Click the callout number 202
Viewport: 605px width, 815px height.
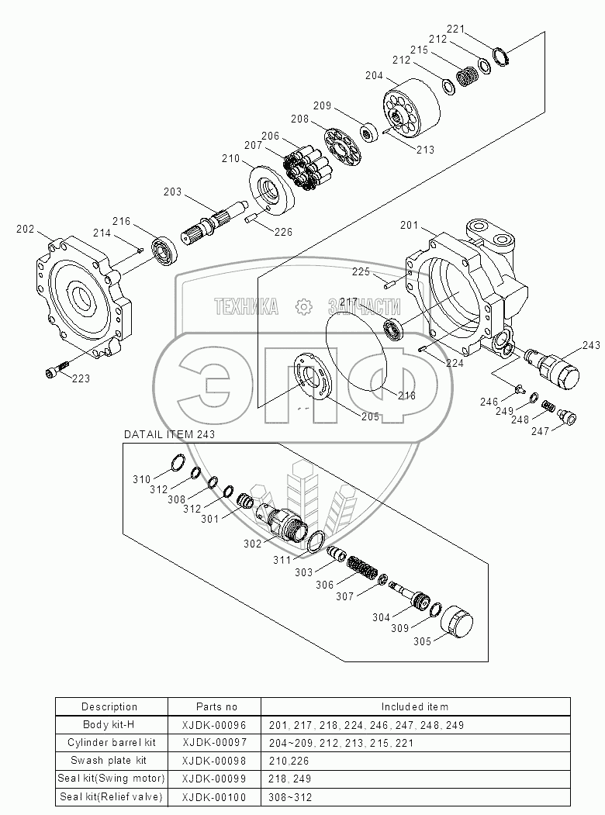point(26,229)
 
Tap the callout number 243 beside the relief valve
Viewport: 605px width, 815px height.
point(591,345)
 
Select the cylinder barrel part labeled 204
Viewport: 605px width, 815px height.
point(410,109)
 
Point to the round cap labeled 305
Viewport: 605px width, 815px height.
point(456,621)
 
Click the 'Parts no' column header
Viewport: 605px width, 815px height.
point(216,706)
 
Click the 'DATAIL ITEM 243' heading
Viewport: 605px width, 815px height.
point(169,435)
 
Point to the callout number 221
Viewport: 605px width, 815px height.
point(455,29)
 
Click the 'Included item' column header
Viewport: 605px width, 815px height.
point(414,706)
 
